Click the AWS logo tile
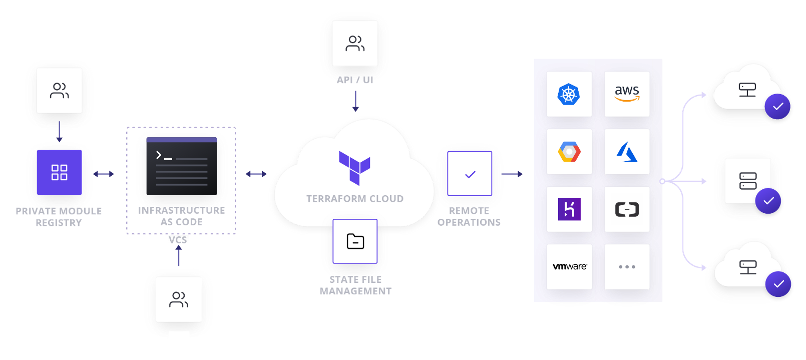tap(627, 94)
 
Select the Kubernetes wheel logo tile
tap(569, 94)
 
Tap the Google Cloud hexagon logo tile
tap(569, 152)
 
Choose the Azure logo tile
tap(627, 152)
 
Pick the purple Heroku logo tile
tap(569, 209)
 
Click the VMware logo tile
tap(569, 267)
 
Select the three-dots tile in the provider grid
tap(627, 267)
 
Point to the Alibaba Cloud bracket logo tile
tap(627, 209)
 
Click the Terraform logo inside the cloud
tap(354, 167)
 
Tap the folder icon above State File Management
tap(355, 241)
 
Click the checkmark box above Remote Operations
tap(470, 174)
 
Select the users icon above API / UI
tap(355, 43)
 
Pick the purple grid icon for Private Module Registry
tap(59, 172)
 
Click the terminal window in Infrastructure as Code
tap(182, 166)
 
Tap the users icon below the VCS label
tap(178, 299)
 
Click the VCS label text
tap(178, 240)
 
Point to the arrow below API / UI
tap(355, 101)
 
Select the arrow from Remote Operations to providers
tap(512, 174)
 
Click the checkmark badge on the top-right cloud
tap(777, 107)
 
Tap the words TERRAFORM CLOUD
tap(354, 199)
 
